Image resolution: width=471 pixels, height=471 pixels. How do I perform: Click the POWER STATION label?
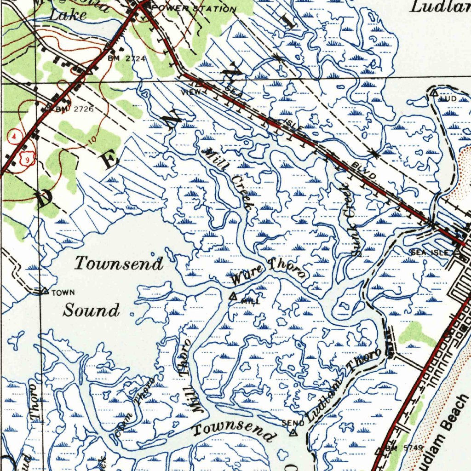coord(194,9)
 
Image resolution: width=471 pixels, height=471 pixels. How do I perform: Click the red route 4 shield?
coord(15,136)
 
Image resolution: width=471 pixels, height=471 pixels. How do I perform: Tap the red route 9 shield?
coord(28,159)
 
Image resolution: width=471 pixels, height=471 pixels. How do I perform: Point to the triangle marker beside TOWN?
coord(45,291)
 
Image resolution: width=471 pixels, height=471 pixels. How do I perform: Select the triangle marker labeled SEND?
coord(293,432)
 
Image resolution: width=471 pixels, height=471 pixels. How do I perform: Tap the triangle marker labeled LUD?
coord(434,93)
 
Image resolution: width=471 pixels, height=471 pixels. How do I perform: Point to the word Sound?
coord(91,310)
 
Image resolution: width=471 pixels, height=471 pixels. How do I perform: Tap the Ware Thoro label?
coord(268,271)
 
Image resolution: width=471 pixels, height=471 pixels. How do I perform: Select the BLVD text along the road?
coord(364,172)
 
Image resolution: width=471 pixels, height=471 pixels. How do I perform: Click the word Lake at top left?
coord(68,15)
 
